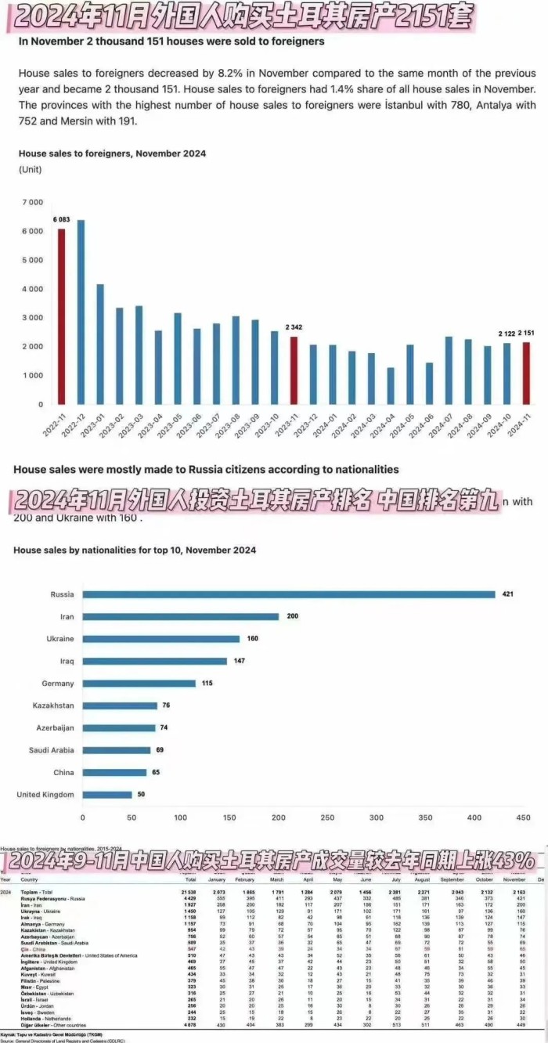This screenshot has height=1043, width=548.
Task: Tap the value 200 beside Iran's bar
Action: pos(292,616)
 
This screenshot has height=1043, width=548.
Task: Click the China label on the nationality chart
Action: pos(64,772)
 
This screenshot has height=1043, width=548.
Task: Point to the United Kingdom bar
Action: pos(107,795)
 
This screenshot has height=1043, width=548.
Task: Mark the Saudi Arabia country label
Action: pos(51,750)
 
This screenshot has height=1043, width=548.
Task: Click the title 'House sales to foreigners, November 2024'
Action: pos(112,154)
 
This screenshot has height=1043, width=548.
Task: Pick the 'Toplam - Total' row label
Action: pos(36,893)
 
